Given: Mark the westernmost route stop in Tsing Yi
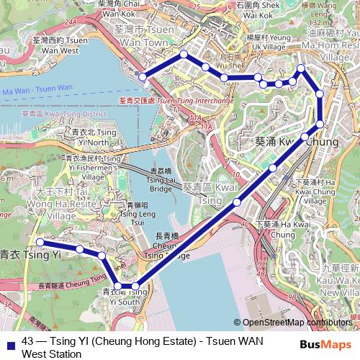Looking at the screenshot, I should (x=40, y=242).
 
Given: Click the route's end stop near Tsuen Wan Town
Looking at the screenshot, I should (x=143, y=76).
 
